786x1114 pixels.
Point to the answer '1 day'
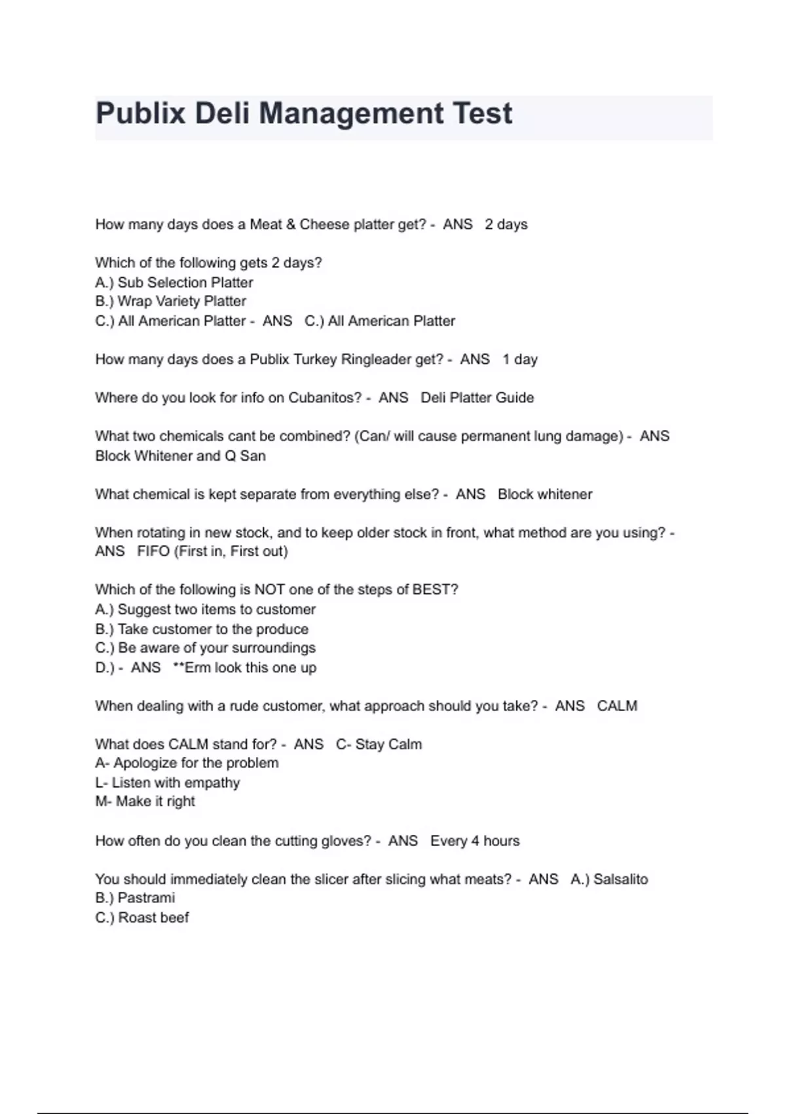pyautogui.click(x=520, y=359)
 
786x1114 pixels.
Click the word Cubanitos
pyautogui.click(x=322, y=398)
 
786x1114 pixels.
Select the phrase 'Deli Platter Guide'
pyautogui.click(x=477, y=398)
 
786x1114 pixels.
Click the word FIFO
pyautogui.click(x=153, y=551)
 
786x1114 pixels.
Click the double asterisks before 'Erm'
pyautogui.click(x=178, y=667)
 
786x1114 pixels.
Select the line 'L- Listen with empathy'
pyautogui.click(x=168, y=782)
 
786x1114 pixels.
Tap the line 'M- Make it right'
pyautogui.click(x=145, y=801)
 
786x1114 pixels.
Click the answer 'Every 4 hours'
pyautogui.click(x=475, y=841)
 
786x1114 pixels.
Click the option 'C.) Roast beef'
pyautogui.click(x=142, y=917)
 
